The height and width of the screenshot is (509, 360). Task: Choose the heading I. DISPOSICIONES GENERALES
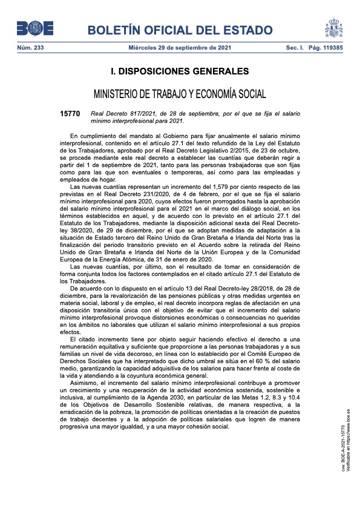tap(180, 71)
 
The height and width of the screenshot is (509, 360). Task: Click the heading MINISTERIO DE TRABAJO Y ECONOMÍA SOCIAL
tap(180, 94)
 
